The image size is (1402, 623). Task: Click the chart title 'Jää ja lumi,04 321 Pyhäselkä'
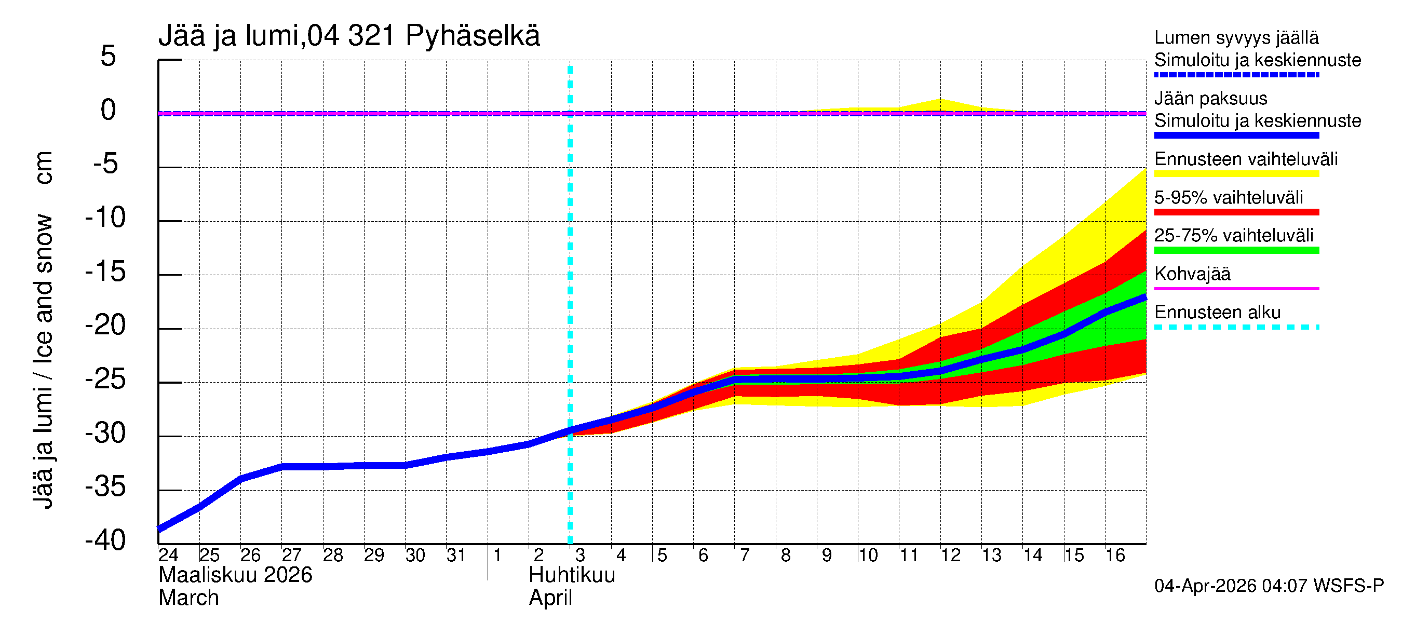349,36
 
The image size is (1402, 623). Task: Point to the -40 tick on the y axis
105,540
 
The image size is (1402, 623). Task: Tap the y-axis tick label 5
109,56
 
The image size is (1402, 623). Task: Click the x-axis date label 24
168,555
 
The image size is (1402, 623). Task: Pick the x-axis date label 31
456,555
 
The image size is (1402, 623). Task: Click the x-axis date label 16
1115,555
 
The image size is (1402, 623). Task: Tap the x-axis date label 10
868,555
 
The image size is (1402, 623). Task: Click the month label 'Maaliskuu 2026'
235,575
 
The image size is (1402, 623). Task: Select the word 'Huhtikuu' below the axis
572,575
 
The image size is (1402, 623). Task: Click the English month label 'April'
550,598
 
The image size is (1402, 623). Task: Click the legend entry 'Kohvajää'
1192,274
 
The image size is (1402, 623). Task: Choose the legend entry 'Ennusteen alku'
1217,313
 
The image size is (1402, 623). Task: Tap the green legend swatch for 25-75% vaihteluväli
1236,250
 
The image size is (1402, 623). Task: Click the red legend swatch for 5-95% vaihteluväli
1236,212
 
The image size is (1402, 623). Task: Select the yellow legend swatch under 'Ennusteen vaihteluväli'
1236,174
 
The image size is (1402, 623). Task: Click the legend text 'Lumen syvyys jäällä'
1236,37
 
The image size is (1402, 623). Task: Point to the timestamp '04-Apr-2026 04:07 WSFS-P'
1269,586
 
